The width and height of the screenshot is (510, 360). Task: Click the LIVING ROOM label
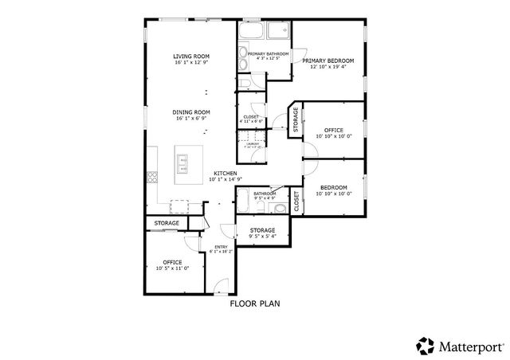[191, 57]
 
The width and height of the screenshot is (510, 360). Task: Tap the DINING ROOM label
[191, 112]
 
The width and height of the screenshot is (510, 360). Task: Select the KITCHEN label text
[223, 174]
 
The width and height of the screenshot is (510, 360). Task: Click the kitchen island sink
[182, 163]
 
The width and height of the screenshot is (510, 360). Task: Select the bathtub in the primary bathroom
[251, 32]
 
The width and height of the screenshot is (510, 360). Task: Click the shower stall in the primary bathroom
[279, 32]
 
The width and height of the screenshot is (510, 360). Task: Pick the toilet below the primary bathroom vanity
[245, 83]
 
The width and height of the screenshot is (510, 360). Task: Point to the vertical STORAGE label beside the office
[295, 119]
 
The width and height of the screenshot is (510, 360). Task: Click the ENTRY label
[220, 247]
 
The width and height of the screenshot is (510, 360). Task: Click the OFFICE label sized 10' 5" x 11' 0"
[172, 262]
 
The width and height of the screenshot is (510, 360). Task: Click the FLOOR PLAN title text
[254, 303]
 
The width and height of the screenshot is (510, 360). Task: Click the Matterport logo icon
[425, 345]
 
